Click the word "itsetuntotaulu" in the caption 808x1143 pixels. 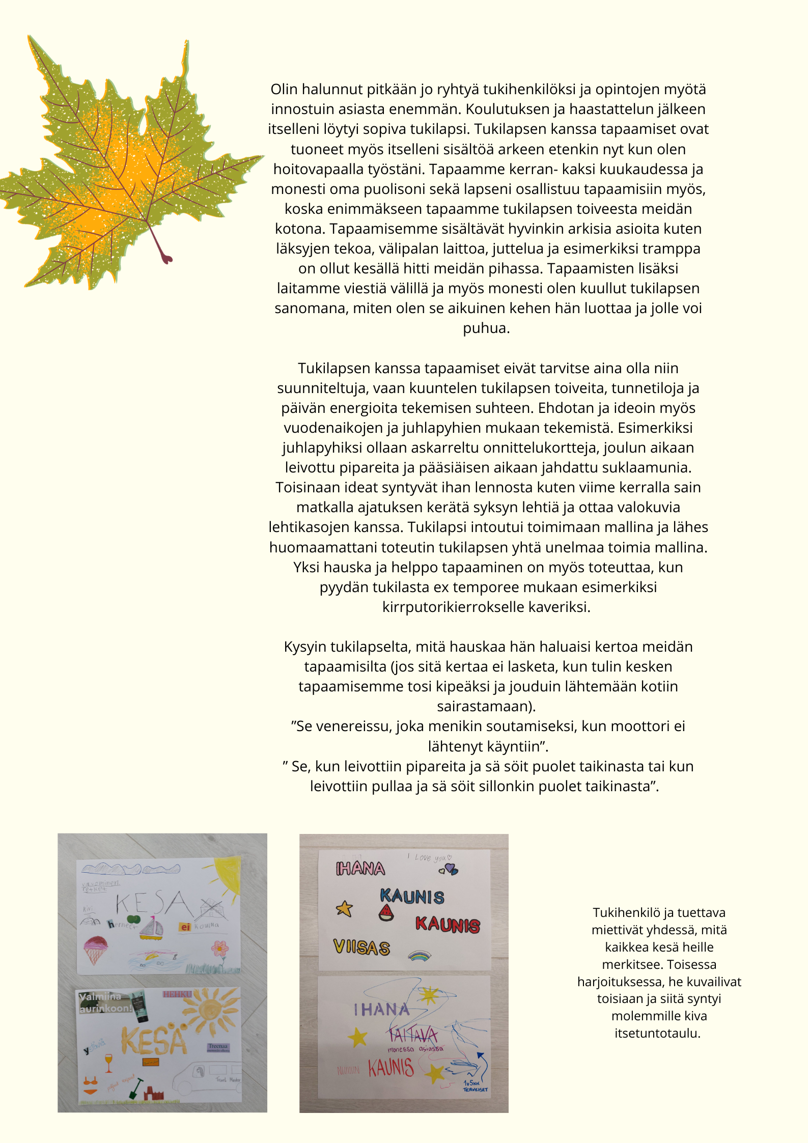coord(657,1033)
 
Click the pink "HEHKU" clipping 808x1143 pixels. coord(177,993)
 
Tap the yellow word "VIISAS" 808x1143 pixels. coord(361,947)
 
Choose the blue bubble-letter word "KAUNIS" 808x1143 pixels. coord(412,897)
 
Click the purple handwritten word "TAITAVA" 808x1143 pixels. coord(413,1034)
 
